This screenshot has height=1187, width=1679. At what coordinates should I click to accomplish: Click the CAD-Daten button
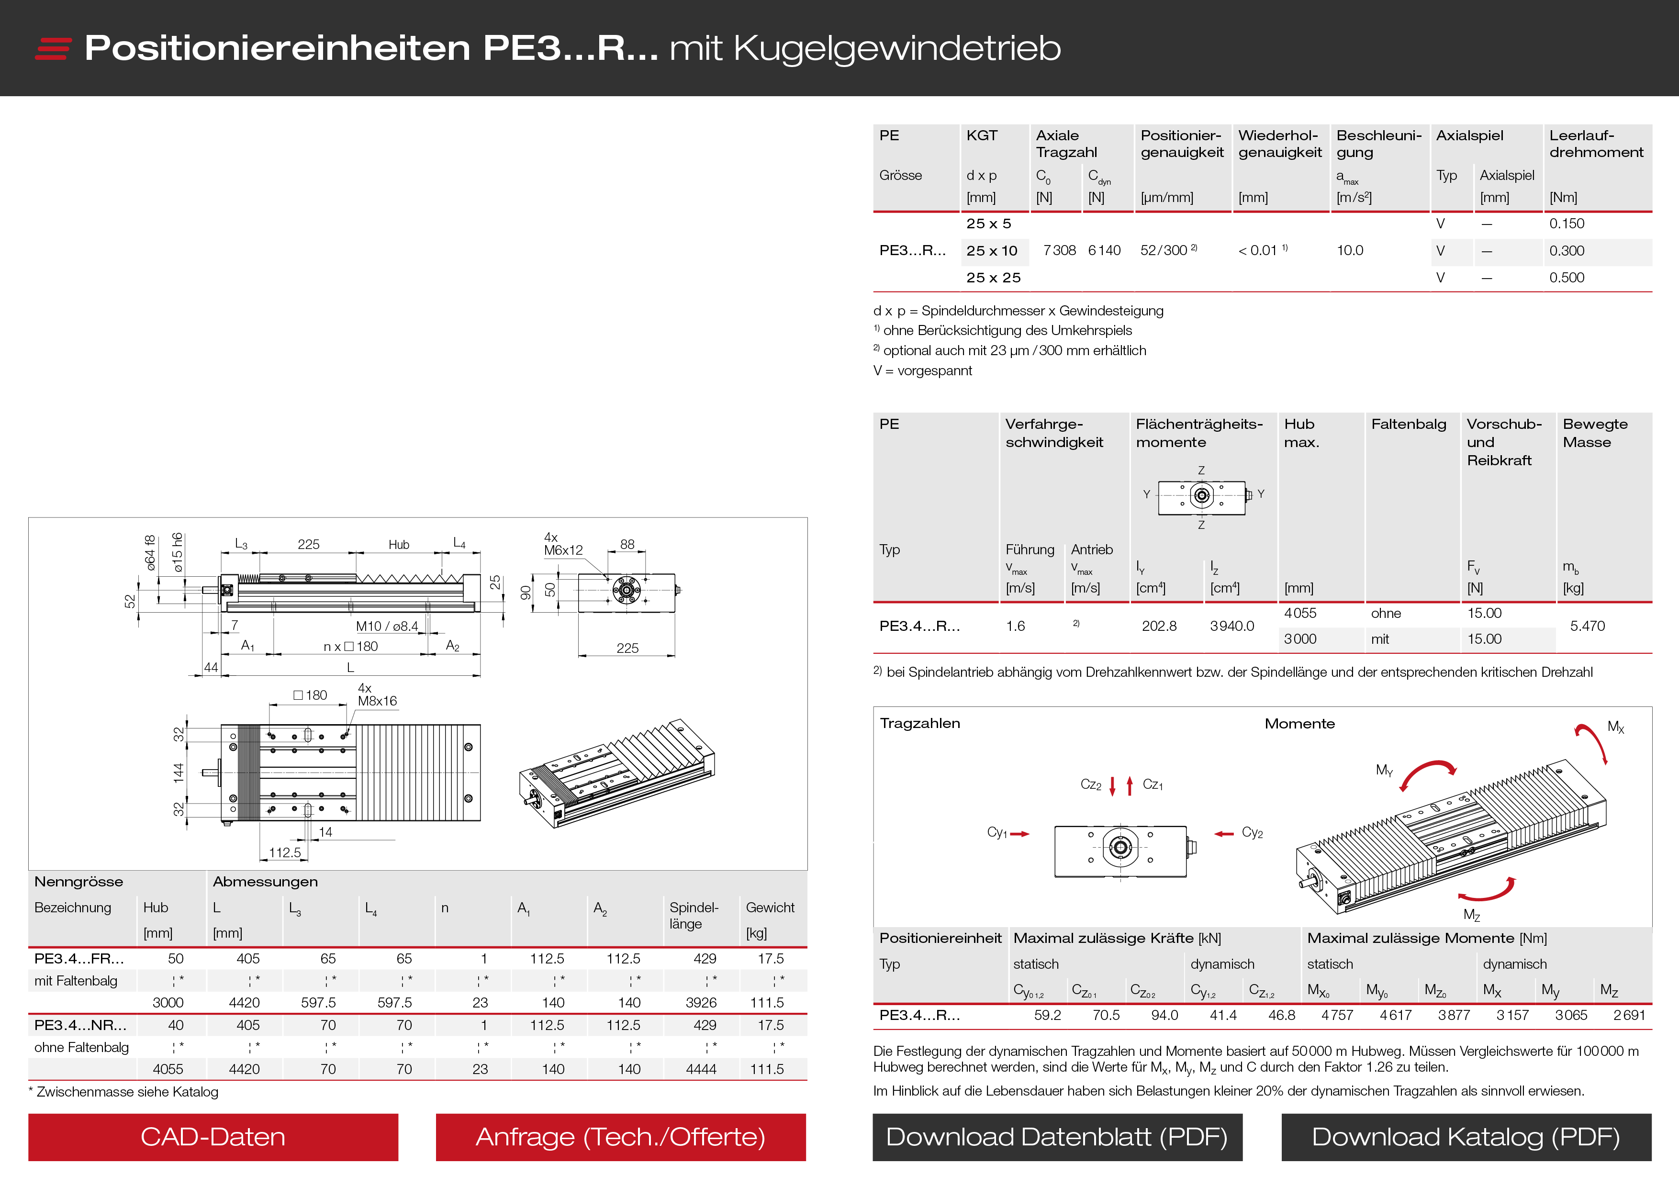coord(213,1137)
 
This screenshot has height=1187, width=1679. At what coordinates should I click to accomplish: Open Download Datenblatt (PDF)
coord(1057,1137)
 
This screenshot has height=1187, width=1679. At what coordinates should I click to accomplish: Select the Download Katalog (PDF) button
coord(1466,1137)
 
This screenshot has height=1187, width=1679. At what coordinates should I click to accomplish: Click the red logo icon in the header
coord(53,48)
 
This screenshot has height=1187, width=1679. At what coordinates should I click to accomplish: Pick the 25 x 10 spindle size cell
coord(992,251)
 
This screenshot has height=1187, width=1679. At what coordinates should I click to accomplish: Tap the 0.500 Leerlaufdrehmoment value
coord(1567,278)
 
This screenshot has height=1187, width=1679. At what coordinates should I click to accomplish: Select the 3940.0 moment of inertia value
coord(1231,626)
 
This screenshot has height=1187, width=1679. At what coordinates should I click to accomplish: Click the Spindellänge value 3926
coord(701,1003)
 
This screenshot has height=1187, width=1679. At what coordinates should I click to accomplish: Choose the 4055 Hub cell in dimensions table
coord(168,1069)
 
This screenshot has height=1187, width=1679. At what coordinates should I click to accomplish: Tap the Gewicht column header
coord(770,907)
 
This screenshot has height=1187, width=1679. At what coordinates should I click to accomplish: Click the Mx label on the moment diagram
coord(1615,728)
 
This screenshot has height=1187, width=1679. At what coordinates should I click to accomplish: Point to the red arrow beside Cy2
coord(1224,834)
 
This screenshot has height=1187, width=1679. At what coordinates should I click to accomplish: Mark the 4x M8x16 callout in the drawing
coord(377,695)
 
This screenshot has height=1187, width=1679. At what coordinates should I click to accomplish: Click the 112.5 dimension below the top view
coord(284,853)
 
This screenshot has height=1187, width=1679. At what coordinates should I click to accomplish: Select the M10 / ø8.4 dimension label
coord(387,626)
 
